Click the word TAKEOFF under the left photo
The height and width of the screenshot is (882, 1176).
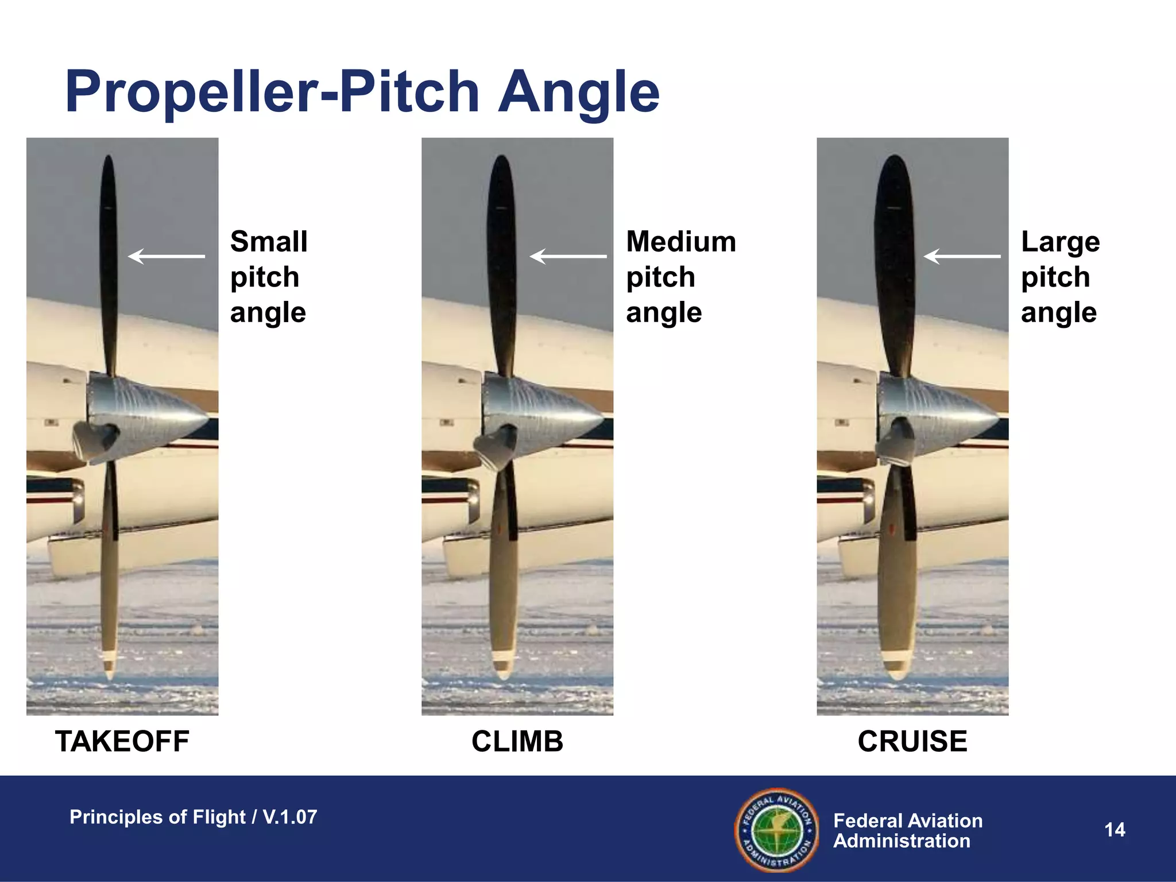pos(122,741)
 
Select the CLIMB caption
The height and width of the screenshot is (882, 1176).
pos(517,741)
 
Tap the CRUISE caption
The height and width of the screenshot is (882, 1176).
pos(912,741)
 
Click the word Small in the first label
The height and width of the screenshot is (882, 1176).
pos(269,242)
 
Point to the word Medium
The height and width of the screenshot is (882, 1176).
pos(681,242)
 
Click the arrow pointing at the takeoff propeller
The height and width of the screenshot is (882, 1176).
pos(166,256)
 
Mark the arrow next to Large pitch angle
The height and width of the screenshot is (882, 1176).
pos(962,256)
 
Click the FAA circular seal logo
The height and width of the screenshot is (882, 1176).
pos(777,830)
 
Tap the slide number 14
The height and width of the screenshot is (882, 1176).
pos(1115,830)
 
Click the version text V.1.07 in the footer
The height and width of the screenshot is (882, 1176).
pos(289,817)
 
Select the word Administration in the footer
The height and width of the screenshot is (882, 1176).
pos(902,841)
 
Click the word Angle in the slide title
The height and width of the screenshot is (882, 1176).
pos(579,92)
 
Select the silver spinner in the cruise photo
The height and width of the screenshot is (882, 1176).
pos(936,413)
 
